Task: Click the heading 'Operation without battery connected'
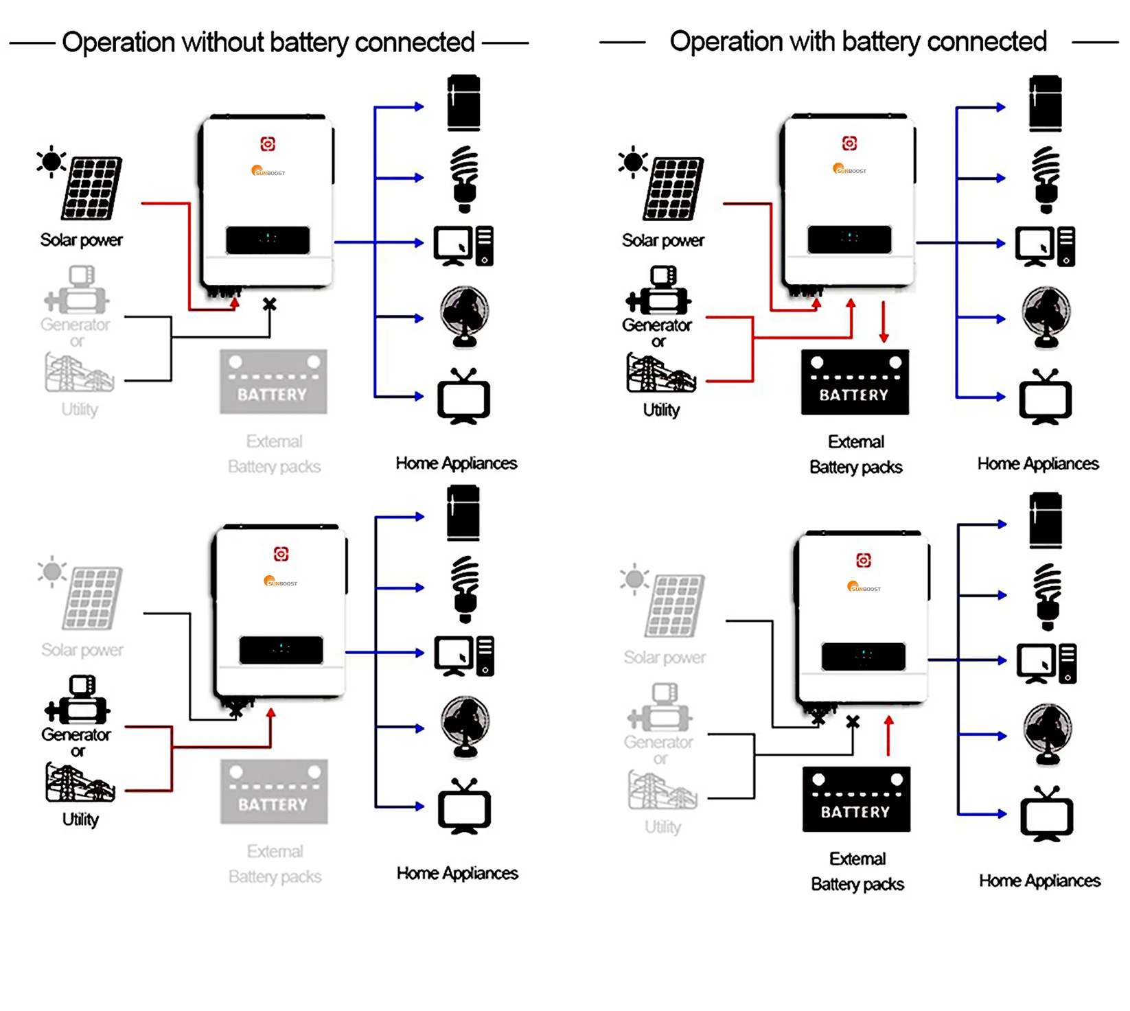point(268,43)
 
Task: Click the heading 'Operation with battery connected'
point(857,42)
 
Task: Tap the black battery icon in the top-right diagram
point(855,382)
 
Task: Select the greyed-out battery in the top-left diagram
point(273,382)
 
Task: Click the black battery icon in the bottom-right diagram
point(856,800)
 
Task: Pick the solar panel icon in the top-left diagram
point(91,188)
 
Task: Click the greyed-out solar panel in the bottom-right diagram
point(675,606)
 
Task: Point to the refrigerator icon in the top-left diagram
point(463,103)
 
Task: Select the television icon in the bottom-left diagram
point(464,807)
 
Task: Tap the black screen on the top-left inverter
point(268,240)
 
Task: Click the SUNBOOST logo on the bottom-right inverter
point(864,588)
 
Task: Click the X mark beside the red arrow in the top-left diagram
point(270,304)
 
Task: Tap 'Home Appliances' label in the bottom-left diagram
point(457,873)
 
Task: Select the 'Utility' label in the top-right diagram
point(661,410)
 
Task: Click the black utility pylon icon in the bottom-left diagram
point(80,783)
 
